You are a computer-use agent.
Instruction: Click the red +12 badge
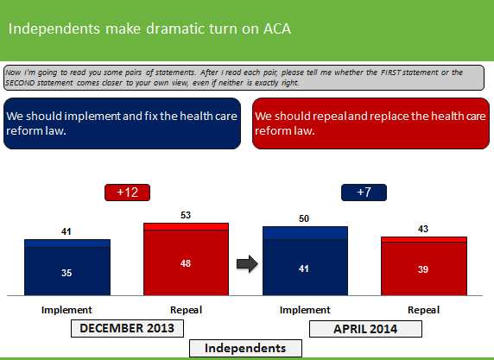pos(127,193)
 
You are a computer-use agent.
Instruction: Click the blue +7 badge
pos(364,193)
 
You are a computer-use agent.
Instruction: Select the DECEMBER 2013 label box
pos(127,329)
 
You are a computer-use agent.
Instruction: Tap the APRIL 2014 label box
pos(365,329)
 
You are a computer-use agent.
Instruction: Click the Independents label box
pos(245,349)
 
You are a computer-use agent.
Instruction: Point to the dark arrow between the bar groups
pos(247,263)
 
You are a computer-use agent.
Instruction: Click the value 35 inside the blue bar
pos(66,273)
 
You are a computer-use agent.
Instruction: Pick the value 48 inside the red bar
pos(186,263)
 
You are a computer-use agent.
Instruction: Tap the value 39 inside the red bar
pos(423,269)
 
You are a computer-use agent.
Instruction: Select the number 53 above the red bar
pos(186,215)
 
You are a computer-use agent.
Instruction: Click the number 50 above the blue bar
pos(304,218)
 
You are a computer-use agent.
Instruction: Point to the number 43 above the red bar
pos(423,229)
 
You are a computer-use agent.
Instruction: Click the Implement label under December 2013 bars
pos(66,310)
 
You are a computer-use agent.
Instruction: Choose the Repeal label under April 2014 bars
pos(423,310)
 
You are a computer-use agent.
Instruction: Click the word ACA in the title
pos(277,29)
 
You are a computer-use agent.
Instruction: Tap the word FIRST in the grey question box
pos(391,73)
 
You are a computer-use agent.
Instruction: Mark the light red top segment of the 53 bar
pos(187,227)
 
